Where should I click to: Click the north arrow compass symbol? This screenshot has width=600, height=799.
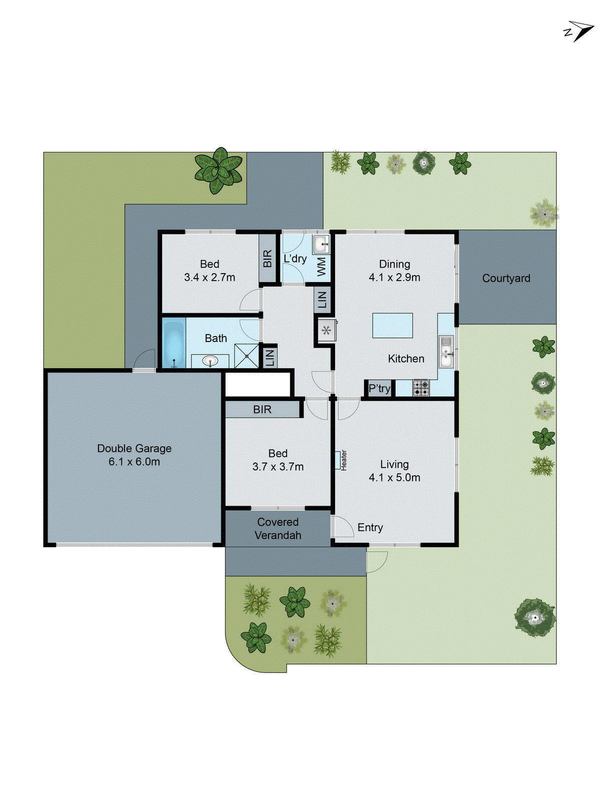tap(578, 31)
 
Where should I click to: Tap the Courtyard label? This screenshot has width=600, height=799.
tap(506, 278)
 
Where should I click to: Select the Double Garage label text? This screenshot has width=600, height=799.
tap(134, 448)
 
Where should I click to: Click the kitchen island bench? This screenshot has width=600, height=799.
tap(392, 326)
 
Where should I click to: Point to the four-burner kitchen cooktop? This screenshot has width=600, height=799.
tap(421, 388)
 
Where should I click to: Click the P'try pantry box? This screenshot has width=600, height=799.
tap(379, 389)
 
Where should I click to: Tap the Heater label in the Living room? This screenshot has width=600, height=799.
tap(343, 460)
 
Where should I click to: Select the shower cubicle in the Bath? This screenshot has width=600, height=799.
tap(247, 356)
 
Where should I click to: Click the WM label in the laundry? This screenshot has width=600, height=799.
tap(321, 266)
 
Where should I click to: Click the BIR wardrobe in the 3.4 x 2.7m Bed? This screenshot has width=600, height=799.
tap(267, 259)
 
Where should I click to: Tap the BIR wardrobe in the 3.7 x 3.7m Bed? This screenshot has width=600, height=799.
tap(262, 409)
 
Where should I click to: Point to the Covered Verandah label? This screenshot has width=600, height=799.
tap(277, 528)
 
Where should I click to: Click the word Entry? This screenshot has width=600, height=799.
tap(370, 527)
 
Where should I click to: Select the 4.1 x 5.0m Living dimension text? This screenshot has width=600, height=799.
tap(394, 477)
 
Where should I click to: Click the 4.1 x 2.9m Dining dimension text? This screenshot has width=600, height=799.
tap(394, 277)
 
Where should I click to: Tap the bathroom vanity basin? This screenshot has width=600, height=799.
tap(210, 361)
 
